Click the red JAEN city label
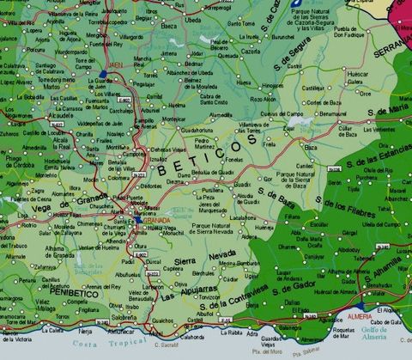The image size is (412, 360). [114, 64]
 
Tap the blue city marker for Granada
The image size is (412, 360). [137, 220]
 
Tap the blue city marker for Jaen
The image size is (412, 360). [104, 76]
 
